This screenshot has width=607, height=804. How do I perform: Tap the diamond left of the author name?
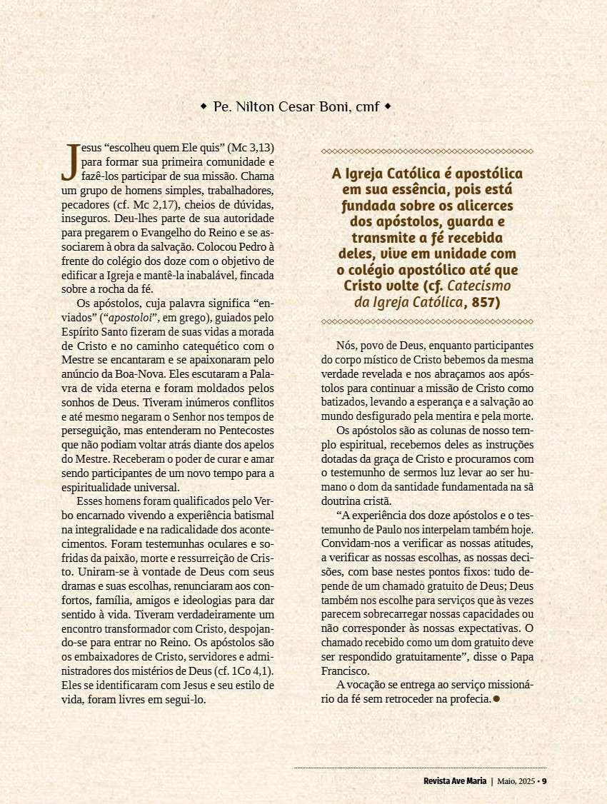(204, 107)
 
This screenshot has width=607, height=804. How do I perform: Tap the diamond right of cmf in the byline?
(388, 107)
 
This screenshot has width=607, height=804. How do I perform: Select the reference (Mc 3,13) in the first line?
(250, 149)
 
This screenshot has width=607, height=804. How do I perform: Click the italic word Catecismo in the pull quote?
(483, 286)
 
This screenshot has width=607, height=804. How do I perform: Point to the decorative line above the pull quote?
(427, 151)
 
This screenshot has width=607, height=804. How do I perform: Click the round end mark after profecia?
(496, 698)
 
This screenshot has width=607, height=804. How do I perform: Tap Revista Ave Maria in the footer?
(453, 780)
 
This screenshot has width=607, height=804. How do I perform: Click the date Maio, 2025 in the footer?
(516, 780)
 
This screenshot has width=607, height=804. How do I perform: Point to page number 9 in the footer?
(544, 780)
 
